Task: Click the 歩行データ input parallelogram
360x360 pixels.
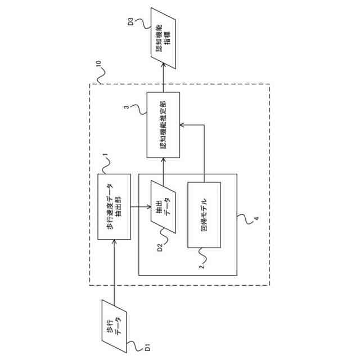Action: tap(115, 325)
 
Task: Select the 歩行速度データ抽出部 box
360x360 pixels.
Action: tap(114, 206)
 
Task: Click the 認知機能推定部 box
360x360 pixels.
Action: tap(163, 125)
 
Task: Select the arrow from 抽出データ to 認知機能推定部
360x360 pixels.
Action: tap(164, 169)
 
